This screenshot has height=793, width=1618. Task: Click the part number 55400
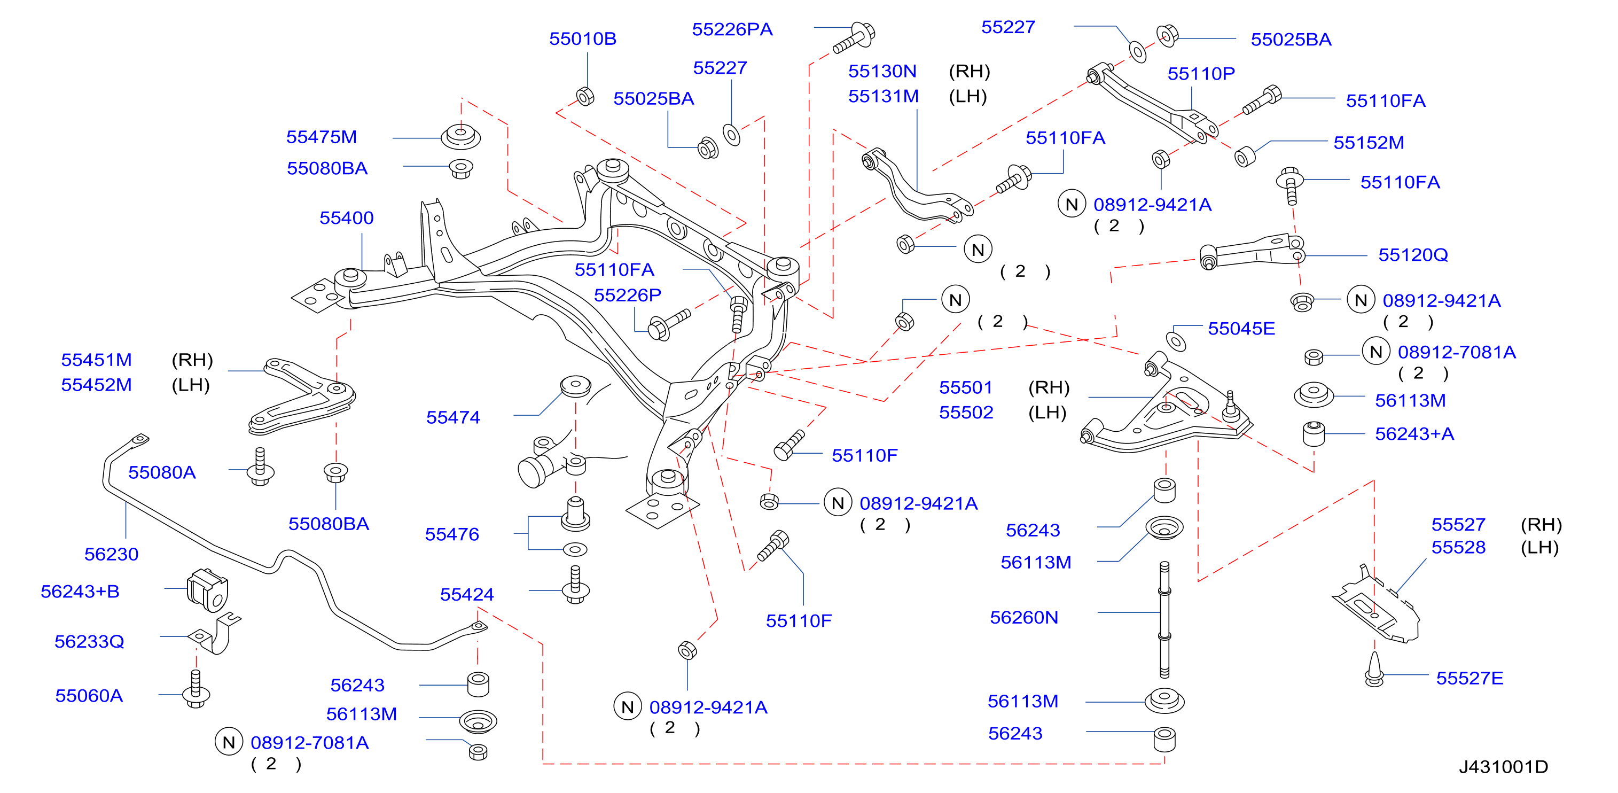(346, 218)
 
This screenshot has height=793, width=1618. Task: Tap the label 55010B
(582, 39)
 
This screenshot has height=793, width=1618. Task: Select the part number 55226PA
(732, 29)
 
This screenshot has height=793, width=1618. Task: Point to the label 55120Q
(1412, 255)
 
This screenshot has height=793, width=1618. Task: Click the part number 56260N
(1024, 618)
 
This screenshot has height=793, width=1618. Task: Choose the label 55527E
(1469, 679)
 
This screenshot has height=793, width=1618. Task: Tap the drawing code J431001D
(1503, 767)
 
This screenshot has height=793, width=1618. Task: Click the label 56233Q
(89, 642)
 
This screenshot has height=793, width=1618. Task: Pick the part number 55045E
(1241, 329)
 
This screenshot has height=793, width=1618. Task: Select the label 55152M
(1369, 143)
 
